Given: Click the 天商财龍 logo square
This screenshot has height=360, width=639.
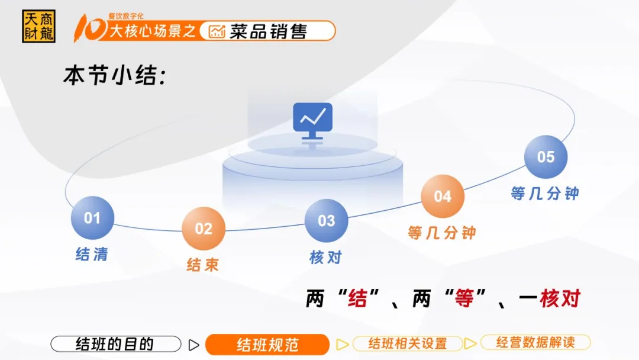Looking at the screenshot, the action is point(38,27).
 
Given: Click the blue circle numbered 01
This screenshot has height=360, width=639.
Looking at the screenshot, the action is point(92,218).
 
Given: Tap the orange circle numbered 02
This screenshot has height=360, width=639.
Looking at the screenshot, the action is point(204,229).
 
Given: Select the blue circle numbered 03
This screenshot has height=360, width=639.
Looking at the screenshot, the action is point(327,221).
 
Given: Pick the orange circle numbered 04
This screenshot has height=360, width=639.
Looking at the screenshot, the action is point(443,196).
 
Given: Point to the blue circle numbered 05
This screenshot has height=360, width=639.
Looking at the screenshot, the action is point(546,157).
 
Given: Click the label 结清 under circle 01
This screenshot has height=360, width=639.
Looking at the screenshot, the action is point(92,254).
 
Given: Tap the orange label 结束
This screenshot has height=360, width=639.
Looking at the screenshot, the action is point(203,265).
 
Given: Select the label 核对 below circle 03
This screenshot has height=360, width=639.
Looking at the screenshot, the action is point(325,257).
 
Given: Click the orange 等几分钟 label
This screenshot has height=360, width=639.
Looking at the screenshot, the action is point(442,233).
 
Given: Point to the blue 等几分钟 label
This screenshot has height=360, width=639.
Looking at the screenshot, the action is point(545,193).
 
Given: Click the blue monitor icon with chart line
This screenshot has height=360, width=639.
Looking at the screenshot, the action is point(312,121).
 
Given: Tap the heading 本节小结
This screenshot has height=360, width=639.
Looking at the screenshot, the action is point(115,75).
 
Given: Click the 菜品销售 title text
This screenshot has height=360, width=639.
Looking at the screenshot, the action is point(268,31).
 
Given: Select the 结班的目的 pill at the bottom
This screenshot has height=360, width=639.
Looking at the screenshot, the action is point(116,343).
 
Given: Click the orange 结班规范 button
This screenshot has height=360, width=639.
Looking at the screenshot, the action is point(267,345).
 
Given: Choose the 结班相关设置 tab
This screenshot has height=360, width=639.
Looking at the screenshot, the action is point(408,343).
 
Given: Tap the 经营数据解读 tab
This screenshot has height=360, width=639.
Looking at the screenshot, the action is point(535,342).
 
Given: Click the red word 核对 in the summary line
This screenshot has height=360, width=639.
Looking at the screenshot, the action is point(560,298).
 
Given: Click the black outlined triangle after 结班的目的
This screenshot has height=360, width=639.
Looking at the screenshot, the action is point(193,345).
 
